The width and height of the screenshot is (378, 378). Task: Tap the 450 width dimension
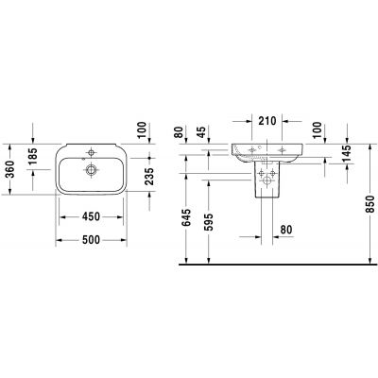(x=92, y=215)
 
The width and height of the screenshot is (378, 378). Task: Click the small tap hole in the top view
(x=91, y=151)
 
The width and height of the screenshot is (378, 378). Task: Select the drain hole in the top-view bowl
(x=91, y=170)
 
